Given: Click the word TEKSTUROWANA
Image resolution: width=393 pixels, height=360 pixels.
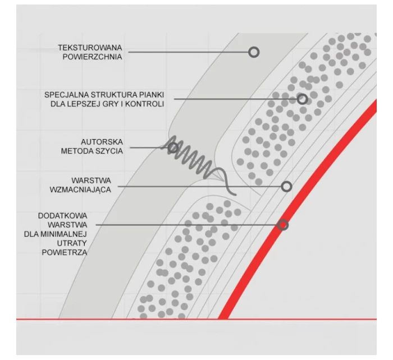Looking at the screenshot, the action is coord(90,48).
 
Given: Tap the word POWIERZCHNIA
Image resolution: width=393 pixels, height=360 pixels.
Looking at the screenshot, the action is coord(92,57).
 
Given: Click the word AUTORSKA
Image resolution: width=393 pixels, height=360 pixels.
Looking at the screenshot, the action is coord(102,142).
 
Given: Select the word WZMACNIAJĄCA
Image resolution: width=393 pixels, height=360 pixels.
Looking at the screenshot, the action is coord(80,190).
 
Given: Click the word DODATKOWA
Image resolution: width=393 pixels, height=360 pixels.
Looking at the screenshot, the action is coord(63,216).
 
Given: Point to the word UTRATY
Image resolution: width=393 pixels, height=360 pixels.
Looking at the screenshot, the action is coord(72,243).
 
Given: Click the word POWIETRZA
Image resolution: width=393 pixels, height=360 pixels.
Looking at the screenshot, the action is coord(65,252).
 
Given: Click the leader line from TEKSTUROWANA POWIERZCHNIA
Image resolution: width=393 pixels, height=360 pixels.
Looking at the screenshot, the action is coord(188,52).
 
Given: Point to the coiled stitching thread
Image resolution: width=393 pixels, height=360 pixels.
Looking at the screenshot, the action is coord(195,160).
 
